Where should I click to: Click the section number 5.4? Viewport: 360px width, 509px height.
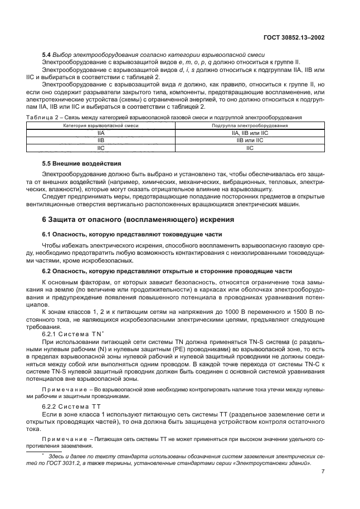click(47, 54)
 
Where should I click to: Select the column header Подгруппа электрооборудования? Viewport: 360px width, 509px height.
click(249, 127)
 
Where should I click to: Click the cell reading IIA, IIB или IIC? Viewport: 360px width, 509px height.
click(249, 134)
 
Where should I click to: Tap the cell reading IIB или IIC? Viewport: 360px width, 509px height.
click(249, 141)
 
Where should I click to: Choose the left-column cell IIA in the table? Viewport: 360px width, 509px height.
click(101, 134)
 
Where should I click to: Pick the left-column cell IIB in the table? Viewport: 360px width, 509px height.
click(101, 141)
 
